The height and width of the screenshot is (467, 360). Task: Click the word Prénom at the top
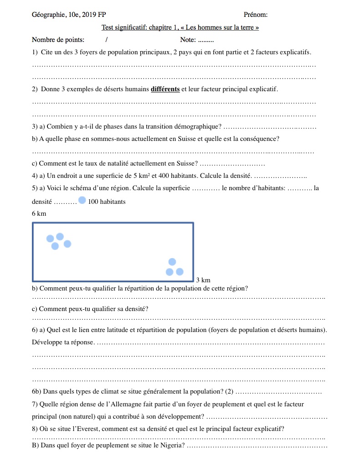[x=256, y=15]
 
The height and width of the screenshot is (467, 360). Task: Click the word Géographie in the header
[x=49, y=15]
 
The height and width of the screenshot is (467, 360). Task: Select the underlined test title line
[x=180, y=27]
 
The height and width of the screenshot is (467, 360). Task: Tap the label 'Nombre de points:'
[x=58, y=40]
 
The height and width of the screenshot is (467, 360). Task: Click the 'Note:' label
[x=188, y=40]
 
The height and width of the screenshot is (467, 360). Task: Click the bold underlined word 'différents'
[x=165, y=89]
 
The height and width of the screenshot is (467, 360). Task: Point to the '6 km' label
[x=39, y=213]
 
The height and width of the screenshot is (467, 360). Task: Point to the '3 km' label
[x=203, y=280]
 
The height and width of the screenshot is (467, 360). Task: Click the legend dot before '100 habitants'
[x=82, y=200]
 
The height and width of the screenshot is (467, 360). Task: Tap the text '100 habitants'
[x=107, y=202]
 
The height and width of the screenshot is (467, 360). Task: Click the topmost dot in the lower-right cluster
[x=172, y=262]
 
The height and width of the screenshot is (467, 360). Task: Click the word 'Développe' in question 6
[x=47, y=342]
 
